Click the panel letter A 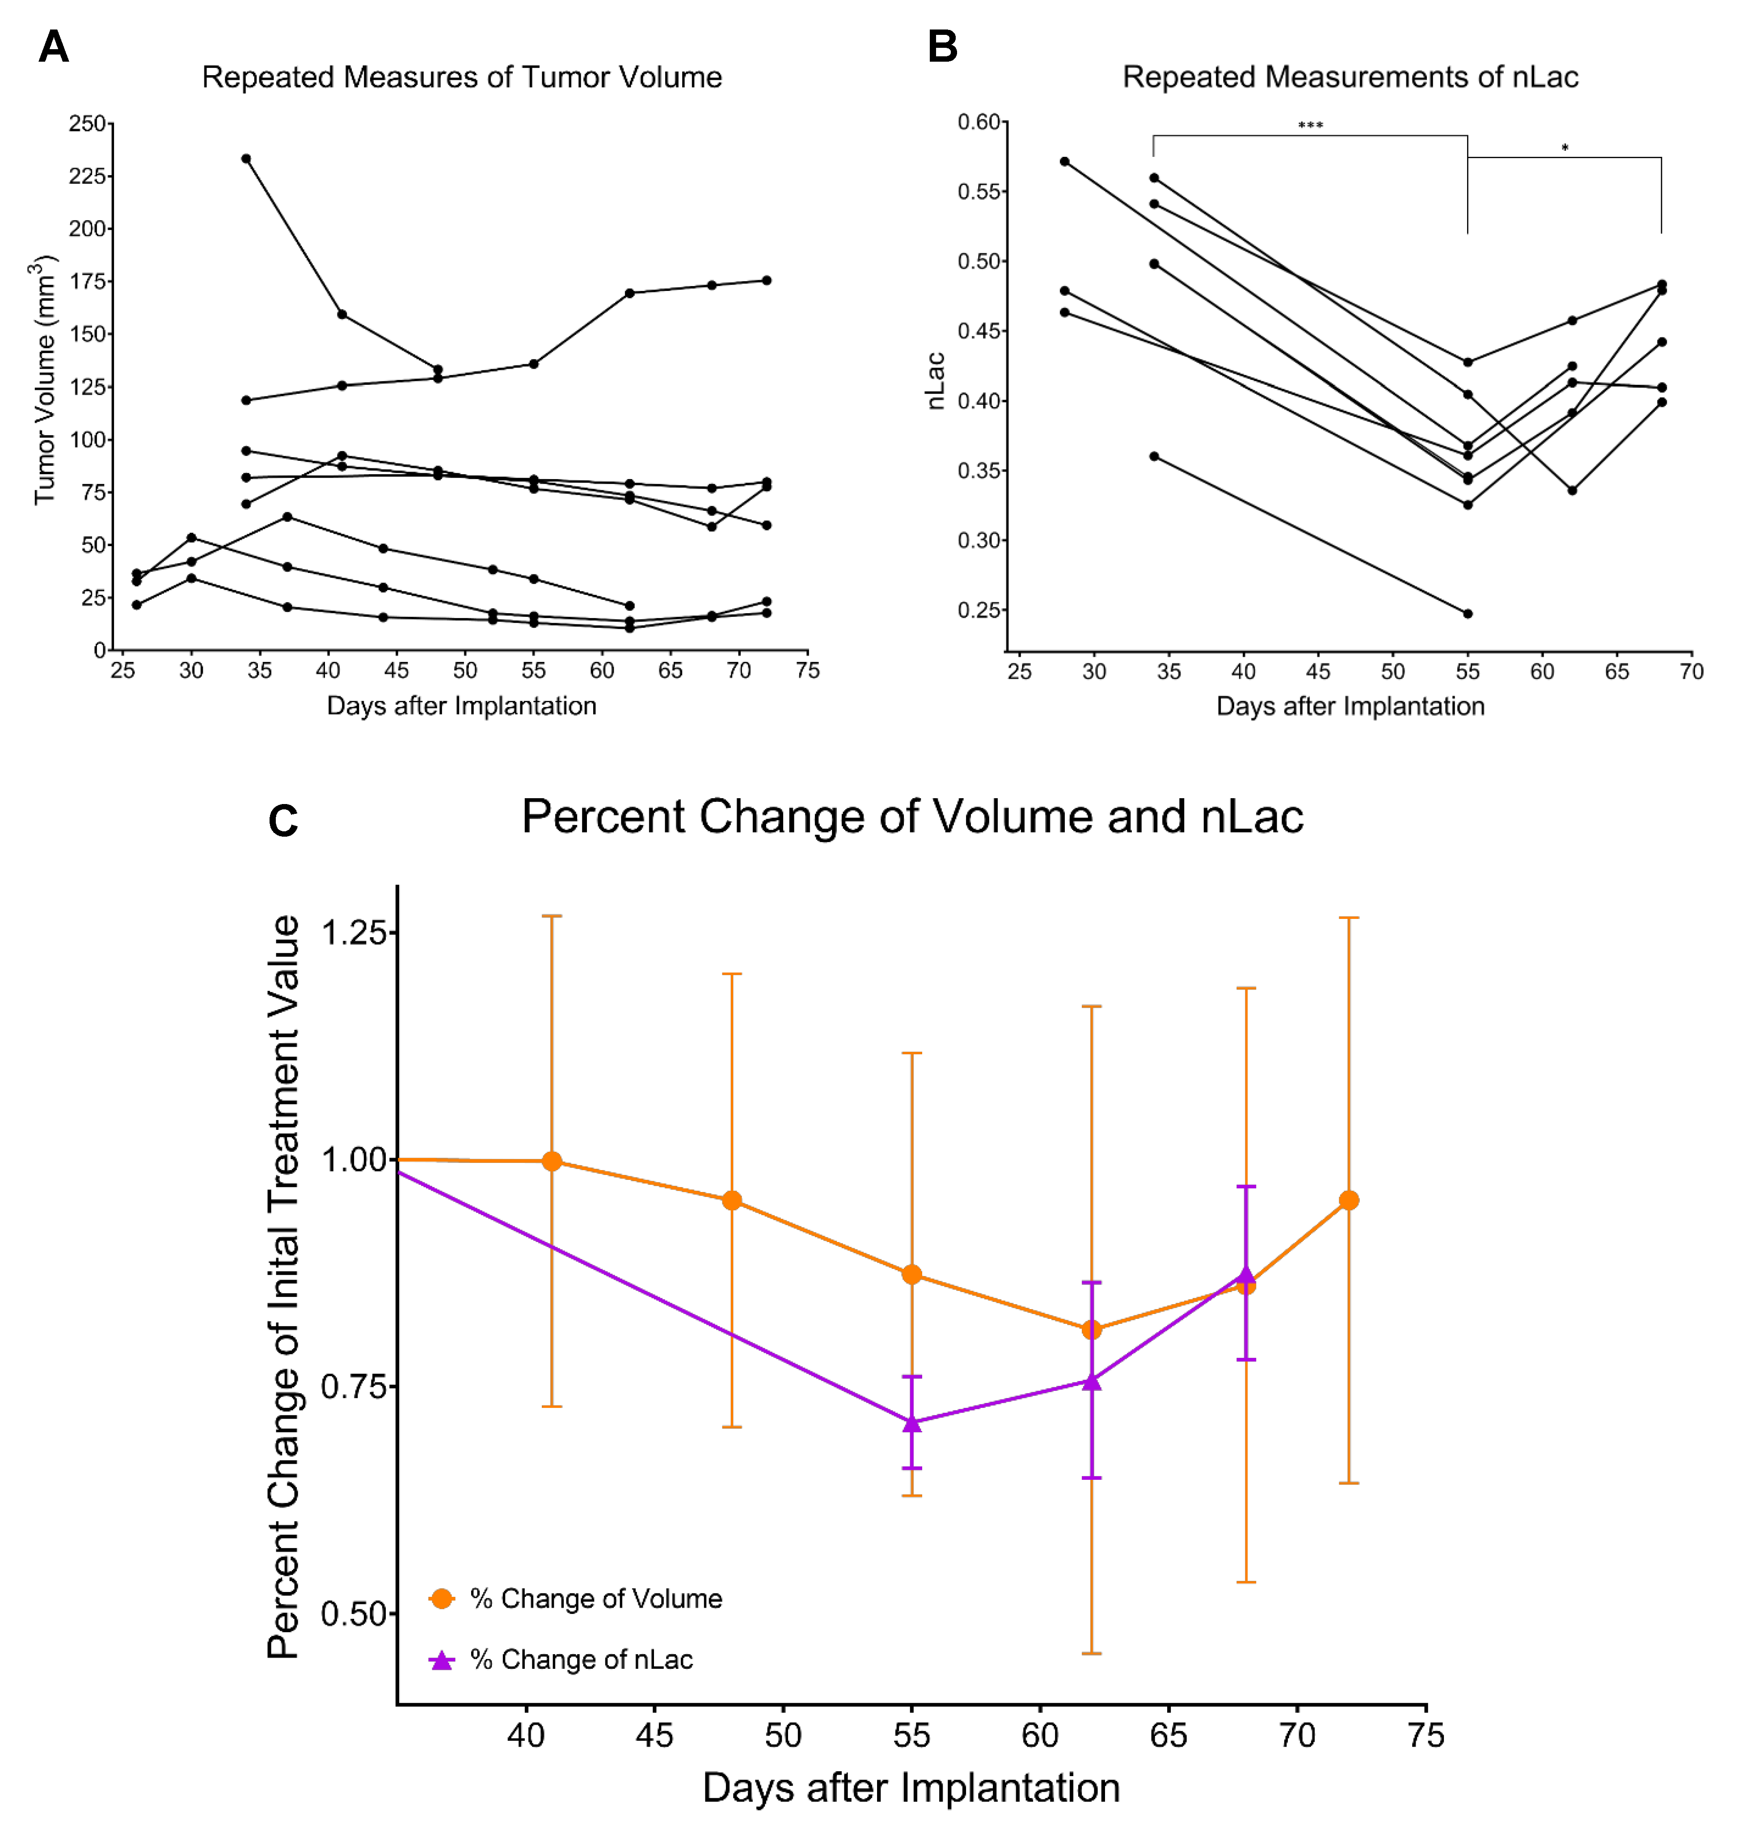pyautogui.click(x=54, y=46)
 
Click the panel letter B pyautogui.click(x=942, y=46)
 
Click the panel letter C pyautogui.click(x=283, y=821)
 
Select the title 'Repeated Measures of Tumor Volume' pyautogui.click(x=461, y=77)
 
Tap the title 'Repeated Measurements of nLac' pyautogui.click(x=1350, y=77)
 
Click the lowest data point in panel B pyautogui.click(x=1468, y=613)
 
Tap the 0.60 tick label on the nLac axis pyautogui.click(x=979, y=122)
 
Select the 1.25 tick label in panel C pyautogui.click(x=353, y=932)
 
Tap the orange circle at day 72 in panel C pyautogui.click(x=1349, y=1200)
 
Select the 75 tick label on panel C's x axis pyautogui.click(x=1426, y=1735)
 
